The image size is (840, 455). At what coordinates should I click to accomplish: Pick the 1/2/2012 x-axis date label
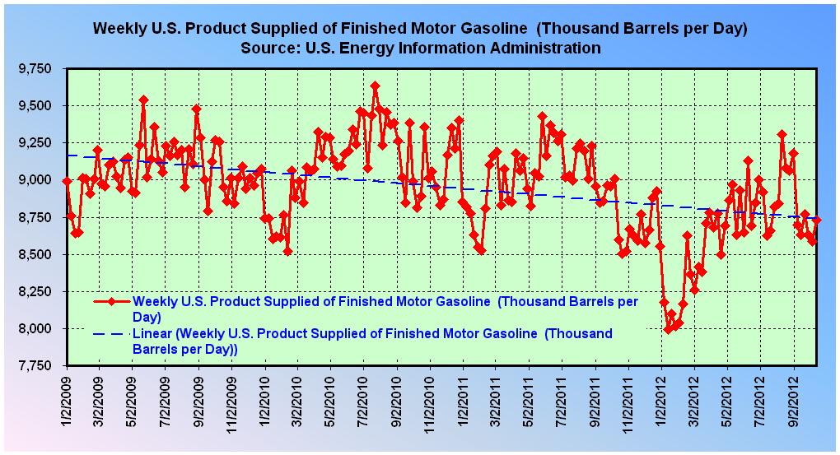click(x=661, y=401)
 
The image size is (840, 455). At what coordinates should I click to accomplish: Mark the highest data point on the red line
click(x=375, y=86)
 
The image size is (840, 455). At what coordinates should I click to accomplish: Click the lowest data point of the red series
click(x=667, y=329)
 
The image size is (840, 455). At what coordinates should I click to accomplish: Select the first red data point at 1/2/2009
click(x=67, y=181)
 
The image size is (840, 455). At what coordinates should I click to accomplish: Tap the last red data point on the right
click(x=817, y=220)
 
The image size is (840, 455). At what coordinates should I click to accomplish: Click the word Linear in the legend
click(x=150, y=334)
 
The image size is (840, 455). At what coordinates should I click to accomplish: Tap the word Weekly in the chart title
click(x=121, y=28)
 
